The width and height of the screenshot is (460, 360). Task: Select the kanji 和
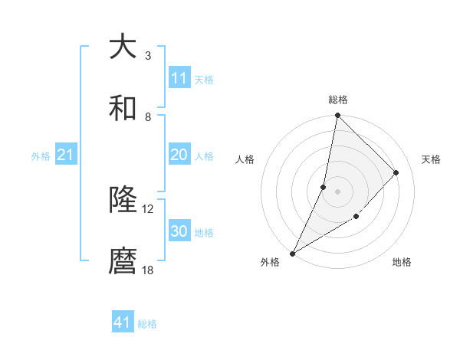coord(123,108)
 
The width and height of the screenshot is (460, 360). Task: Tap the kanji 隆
coord(123,200)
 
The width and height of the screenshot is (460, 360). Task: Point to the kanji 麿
coord(123,261)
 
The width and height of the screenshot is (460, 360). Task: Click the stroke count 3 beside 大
coord(148,55)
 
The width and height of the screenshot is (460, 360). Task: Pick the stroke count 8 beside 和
coord(148,116)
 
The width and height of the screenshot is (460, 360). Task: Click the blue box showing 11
coord(179,78)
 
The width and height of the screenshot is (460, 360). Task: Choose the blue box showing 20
coord(179,155)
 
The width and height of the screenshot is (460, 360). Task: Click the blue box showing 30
coord(179,231)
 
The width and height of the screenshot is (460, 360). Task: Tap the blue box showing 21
coord(66,155)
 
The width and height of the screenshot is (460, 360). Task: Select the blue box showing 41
coord(123,322)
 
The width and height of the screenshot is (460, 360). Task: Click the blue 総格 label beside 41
coord(147,324)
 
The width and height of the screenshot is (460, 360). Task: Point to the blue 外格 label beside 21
coord(41,156)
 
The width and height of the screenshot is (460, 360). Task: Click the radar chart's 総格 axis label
coord(337,100)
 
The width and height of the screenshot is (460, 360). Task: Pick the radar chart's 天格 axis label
coord(431,159)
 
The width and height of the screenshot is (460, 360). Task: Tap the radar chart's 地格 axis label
coord(402,262)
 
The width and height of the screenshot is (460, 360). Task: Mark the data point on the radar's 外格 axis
coord(292,253)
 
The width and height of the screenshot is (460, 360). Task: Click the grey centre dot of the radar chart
coord(337,191)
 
